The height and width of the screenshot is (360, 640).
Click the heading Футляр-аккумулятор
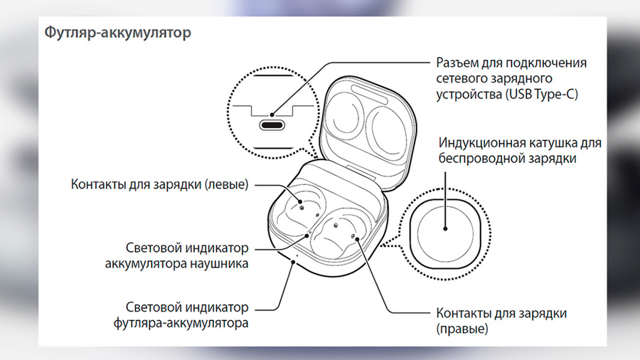pos(117,33)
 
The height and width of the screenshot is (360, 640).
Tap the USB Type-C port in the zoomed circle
pos(272,125)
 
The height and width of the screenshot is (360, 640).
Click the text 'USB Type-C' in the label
pos(542,95)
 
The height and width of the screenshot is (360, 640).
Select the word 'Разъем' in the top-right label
pos(457,63)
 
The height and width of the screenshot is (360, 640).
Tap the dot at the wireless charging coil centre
pos(445,228)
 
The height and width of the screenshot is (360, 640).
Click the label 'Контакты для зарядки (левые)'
pos(159,184)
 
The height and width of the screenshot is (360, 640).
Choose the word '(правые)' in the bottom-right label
pos(462,329)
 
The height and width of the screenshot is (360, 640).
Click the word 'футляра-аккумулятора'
pos(181,323)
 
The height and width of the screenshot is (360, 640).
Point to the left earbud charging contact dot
pos(300,201)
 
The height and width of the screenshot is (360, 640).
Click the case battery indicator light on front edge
pos(297,256)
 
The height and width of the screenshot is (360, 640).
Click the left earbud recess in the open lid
pos(346,117)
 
